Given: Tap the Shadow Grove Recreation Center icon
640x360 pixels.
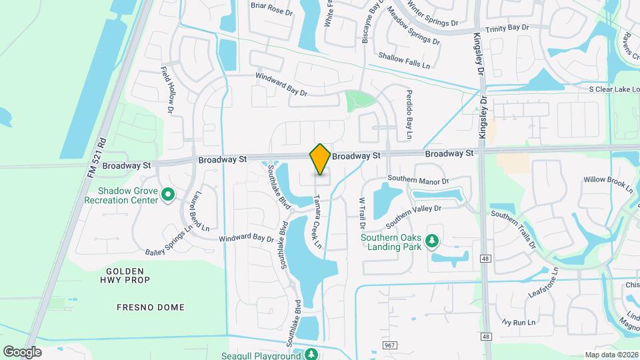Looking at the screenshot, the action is click(168, 195).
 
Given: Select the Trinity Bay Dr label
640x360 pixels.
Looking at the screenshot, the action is click(507, 28).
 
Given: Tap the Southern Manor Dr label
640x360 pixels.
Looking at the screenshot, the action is click(419, 180).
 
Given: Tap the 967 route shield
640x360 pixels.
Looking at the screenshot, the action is click(391, 345).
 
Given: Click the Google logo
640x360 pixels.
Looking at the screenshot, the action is click(22, 351).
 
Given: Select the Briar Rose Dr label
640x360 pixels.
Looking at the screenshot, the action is click(272, 7).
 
